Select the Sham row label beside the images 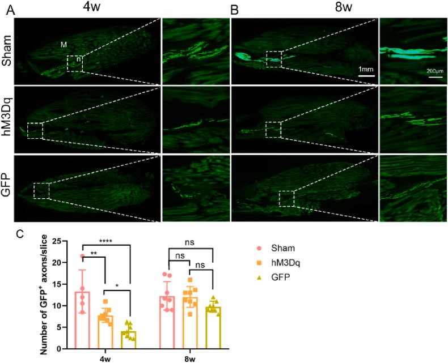pos(6,51)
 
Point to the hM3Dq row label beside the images pos(6,118)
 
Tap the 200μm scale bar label pos(435,71)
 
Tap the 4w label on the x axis pos(105,358)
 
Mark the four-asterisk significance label pos(107,241)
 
